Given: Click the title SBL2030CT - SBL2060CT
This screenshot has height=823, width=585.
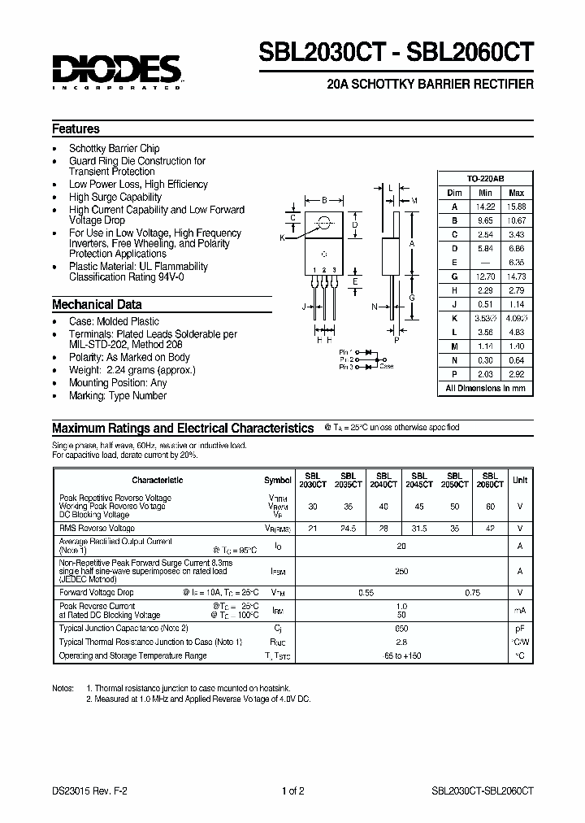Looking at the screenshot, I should pyautogui.click(x=396, y=52).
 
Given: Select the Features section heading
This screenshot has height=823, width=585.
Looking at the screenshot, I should pyautogui.click(x=76, y=128).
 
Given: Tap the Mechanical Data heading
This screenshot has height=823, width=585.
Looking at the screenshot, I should pyautogui.click(x=97, y=304).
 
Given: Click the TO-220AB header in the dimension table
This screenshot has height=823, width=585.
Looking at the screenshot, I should pyautogui.click(x=485, y=178).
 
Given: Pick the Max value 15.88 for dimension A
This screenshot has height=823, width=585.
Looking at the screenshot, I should pyautogui.click(x=516, y=207).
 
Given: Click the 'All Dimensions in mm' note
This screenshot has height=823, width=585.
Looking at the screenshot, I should pyautogui.click(x=485, y=388).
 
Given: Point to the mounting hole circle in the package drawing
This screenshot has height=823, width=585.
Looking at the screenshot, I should pyautogui.click(x=324, y=223).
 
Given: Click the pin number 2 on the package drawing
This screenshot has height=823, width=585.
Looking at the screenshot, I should pyautogui.click(x=323, y=270).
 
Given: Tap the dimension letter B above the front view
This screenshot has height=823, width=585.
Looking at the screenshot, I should pyautogui.click(x=324, y=199).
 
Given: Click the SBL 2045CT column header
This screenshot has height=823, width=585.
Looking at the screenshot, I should pyautogui.click(x=419, y=480).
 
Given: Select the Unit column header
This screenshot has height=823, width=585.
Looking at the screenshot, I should pyautogui.click(x=519, y=480).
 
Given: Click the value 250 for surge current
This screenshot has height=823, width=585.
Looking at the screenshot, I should pyautogui.click(x=401, y=572).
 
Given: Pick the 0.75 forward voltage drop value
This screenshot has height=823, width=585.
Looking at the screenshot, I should pyautogui.click(x=472, y=593).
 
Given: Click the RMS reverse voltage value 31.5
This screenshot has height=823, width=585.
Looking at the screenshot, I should pyautogui.click(x=419, y=528).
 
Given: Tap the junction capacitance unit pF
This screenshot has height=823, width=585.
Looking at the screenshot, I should pyautogui.click(x=519, y=628).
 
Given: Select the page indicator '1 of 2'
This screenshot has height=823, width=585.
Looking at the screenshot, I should pyautogui.click(x=292, y=790).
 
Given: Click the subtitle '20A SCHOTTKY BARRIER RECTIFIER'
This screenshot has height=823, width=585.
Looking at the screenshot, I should pyautogui.click(x=429, y=85).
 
